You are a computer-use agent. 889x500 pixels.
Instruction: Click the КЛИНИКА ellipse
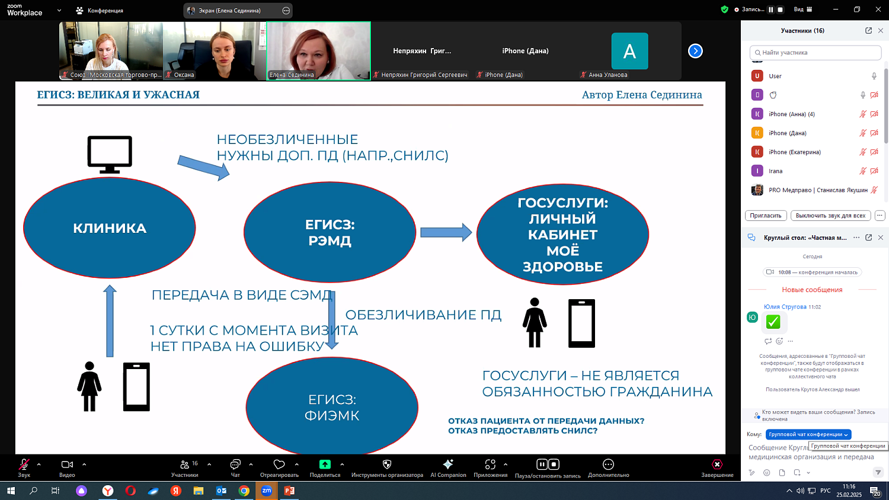110,228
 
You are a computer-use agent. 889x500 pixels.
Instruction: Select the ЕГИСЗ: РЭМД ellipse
330,232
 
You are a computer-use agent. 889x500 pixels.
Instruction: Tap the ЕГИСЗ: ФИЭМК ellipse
332,407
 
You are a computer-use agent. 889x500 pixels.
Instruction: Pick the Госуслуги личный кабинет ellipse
562,234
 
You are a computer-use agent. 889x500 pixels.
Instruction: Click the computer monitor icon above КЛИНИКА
110,153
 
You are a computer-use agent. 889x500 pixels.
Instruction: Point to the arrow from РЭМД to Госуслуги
446,232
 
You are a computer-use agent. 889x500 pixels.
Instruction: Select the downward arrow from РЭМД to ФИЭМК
332,320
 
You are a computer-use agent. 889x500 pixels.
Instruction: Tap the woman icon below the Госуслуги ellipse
535,322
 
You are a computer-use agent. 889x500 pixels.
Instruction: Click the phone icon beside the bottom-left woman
136,386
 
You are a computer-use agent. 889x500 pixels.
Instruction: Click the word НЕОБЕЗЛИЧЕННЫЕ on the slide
287,139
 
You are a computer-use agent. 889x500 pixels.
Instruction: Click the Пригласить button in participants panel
766,216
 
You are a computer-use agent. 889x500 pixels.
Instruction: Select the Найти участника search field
816,53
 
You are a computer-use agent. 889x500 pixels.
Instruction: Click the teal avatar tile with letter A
629,52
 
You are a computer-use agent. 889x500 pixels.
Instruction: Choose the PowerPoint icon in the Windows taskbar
289,491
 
